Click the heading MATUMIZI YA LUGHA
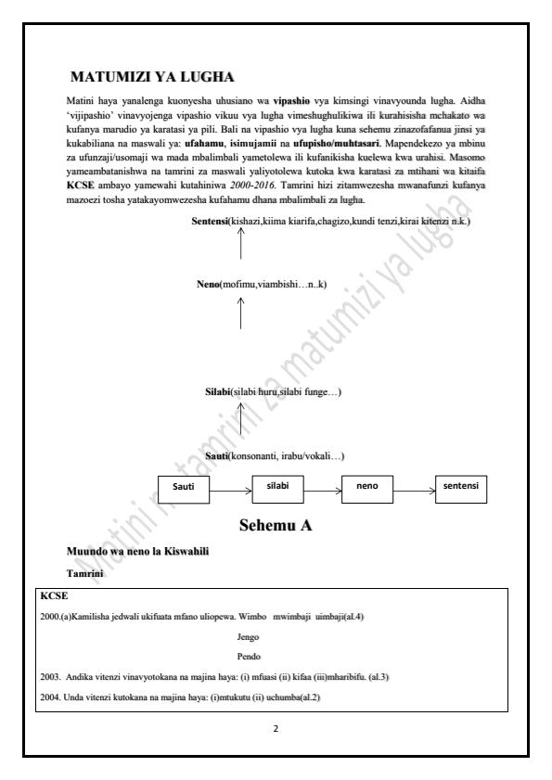(x=151, y=75)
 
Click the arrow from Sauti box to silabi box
(x=231, y=487)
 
